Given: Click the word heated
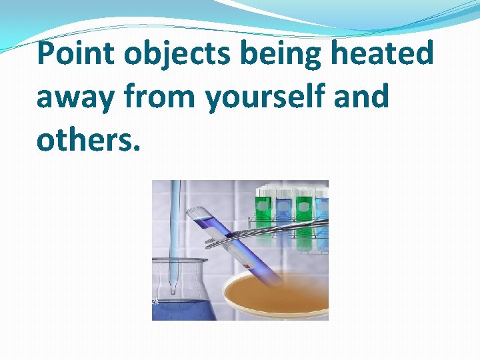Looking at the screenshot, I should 379,53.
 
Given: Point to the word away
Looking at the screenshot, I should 75,97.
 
